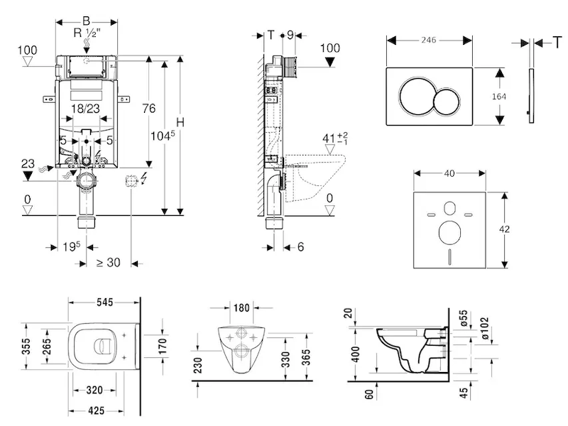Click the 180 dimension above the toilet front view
tap(241, 307)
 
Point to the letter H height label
tap(180, 122)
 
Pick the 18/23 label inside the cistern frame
tap(86, 109)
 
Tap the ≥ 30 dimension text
tap(108, 262)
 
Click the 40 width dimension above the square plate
tap(448, 173)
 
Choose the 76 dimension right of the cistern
tap(148, 108)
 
